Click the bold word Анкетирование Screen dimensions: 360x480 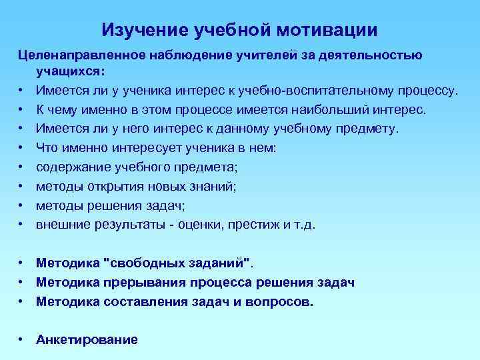point(87,340)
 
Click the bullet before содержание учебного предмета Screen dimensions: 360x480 point(22,167)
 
